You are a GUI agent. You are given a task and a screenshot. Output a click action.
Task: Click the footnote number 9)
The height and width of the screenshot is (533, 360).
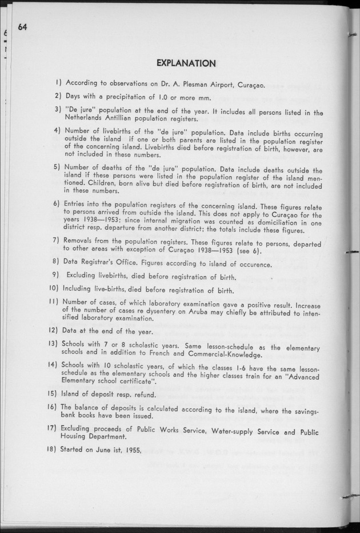coord(56,276)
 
